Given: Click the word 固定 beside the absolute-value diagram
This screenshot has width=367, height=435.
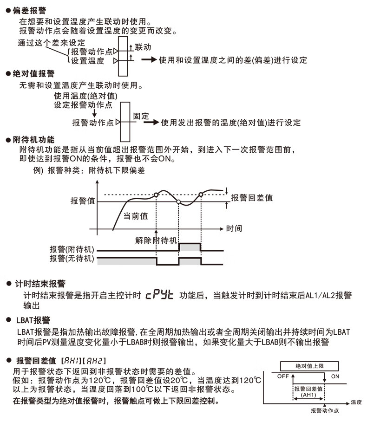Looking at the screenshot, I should pos(141,116).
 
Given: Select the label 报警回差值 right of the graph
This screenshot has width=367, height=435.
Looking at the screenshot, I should pos(252,198).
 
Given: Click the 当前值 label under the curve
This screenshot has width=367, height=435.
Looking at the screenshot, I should pos(136,216).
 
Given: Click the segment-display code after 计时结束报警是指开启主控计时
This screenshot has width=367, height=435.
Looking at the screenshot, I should pos(159,295).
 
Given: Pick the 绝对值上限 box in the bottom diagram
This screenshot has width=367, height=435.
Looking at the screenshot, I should pos(309,365).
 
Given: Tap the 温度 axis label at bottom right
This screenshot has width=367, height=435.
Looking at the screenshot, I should pos(356,402).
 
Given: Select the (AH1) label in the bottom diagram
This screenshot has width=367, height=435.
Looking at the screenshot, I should pos(307,395).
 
